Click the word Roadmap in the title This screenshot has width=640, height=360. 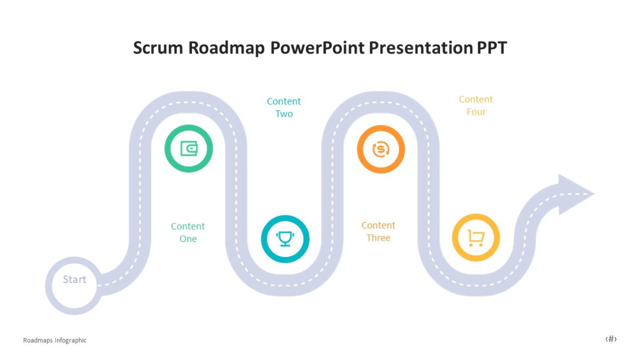[x=227, y=48]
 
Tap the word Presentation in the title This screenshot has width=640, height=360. [x=418, y=48]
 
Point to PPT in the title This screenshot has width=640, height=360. [x=490, y=48]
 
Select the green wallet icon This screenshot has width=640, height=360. [x=188, y=148]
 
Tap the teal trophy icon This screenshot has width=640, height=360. [x=285, y=238]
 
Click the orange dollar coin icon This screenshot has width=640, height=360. [x=380, y=149]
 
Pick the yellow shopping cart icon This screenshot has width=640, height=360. [x=476, y=237]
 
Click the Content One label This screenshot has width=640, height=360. [x=188, y=233]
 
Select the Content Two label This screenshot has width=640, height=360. [x=284, y=107]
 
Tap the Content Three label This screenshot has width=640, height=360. [x=378, y=231]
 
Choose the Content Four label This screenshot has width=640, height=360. [x=476, y=106]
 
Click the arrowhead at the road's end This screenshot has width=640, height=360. [x=573, y=194]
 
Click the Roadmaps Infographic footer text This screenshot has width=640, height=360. [x=54, y=340]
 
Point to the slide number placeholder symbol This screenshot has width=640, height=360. [x=611, y=339]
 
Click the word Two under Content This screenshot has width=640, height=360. [x=284, y=114]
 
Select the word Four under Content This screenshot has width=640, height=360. [x=476, y=112]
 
